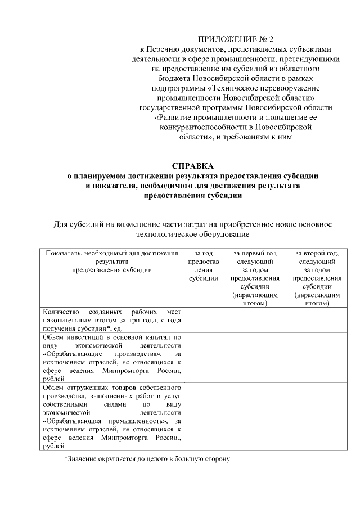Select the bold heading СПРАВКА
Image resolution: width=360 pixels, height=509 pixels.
coord(193,166)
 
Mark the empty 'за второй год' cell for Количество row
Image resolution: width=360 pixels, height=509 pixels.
coord(317,319)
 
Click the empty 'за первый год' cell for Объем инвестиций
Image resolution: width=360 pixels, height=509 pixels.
coord(255,358)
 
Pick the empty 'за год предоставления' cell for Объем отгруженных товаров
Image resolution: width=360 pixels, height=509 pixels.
coord(203,417)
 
